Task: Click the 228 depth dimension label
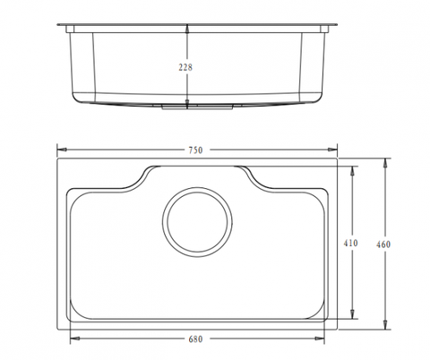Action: (x=185, y=67)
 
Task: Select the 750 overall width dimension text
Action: (x=195, y=150)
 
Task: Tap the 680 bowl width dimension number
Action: (x=195, y=339)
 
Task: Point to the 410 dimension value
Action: (x=350, y=244)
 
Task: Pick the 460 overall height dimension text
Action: (x=383, y=244)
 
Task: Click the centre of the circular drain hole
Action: (x=197, y=222)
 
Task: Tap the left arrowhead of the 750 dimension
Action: (x=62, y=150)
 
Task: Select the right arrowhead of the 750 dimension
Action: (x=332, y=150)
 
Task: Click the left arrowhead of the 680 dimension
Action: (x=74, y=339)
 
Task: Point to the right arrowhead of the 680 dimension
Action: (x=320, y=339)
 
